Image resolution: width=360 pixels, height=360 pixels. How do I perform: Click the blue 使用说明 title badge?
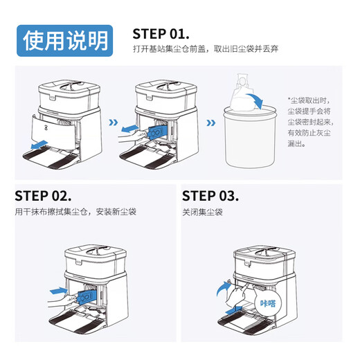click(x=66, y=39)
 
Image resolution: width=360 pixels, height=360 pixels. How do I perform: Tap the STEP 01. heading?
click(x=161, y=34)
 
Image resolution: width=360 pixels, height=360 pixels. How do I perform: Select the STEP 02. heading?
click(x=43, y=195)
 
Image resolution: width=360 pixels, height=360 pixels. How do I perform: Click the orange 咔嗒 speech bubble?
click(x=267, y=303)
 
